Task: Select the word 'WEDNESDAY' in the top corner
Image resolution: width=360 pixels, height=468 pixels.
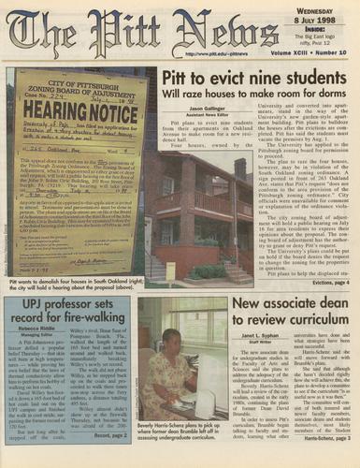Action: tap(327, 10)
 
